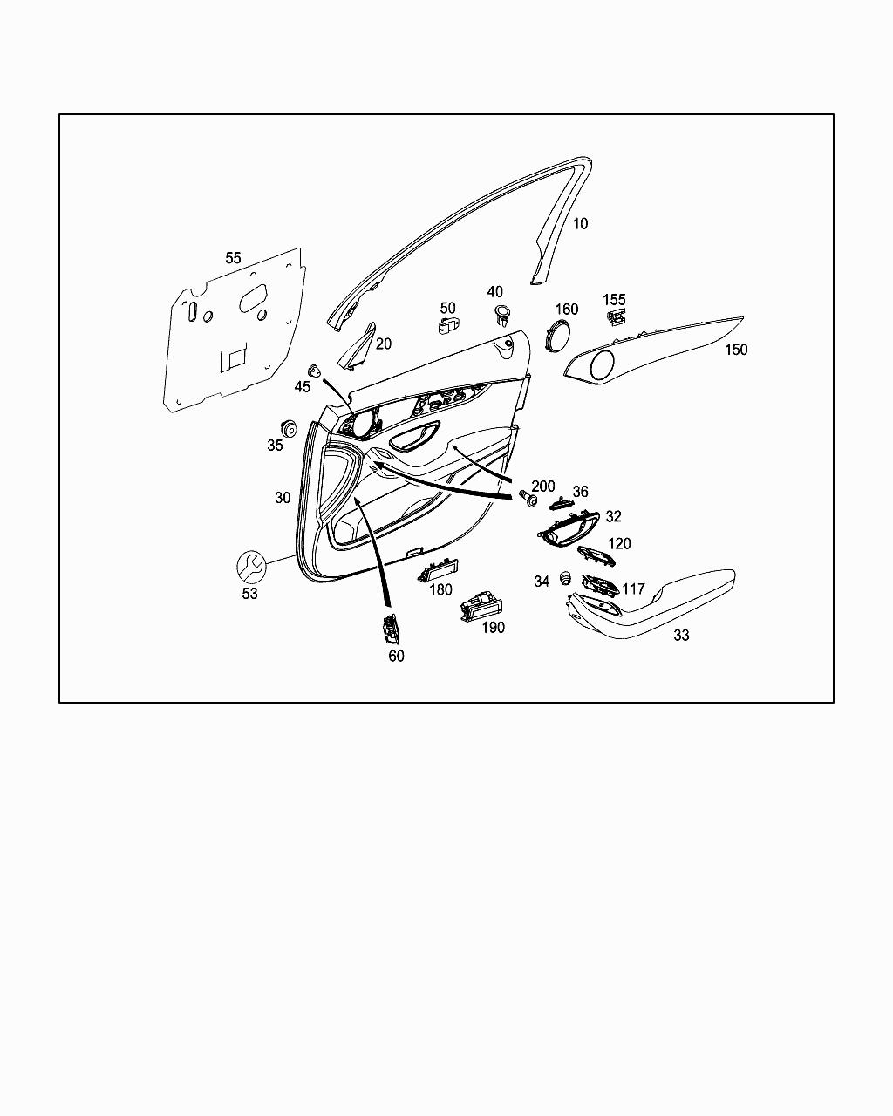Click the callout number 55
point(233,258)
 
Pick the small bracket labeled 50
point(447,325)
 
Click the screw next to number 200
point(527,500)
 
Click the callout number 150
point(736,350)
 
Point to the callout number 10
point(580,223)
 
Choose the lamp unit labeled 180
point(439,571)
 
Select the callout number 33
point(681,636)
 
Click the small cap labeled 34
point(564,577)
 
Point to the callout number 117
point(633,589)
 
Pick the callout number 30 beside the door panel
point(283,498)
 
